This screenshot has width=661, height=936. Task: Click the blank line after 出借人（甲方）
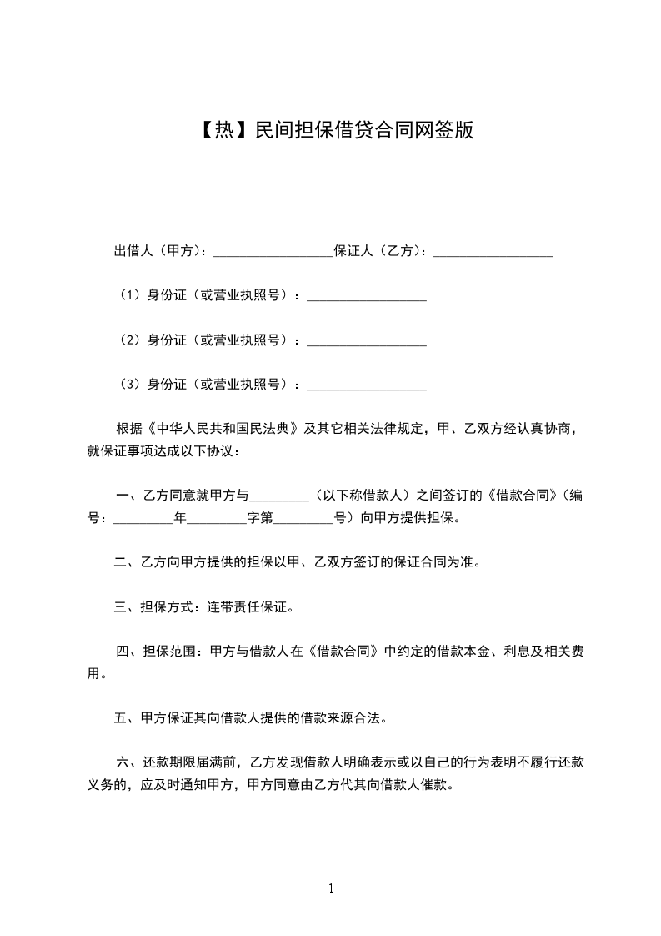pyautogui.click(x=273, y=250)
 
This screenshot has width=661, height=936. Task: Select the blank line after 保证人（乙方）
pyautogui.click(x=493, y=250)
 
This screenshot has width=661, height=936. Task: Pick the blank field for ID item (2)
pyautogui.click(x=367, y=340)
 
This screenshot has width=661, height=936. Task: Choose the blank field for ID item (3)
pyautogui.click(x=367, y=385)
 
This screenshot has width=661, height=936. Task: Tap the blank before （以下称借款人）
pyautogui.click(x=279, y=496)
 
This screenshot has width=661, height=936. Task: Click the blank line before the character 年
pyautogui.click(x=143, y=517)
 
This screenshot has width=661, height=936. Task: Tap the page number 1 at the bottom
pyautogui.click(x=331, y=888)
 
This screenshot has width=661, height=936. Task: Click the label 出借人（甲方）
pyautogui.click(x=163, y=250)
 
